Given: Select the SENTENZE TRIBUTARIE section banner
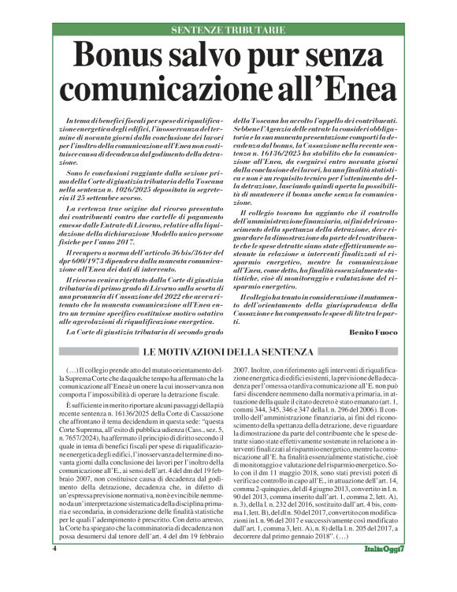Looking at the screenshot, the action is point(228,30).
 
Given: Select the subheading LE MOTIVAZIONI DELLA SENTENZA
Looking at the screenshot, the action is point(229,348).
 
